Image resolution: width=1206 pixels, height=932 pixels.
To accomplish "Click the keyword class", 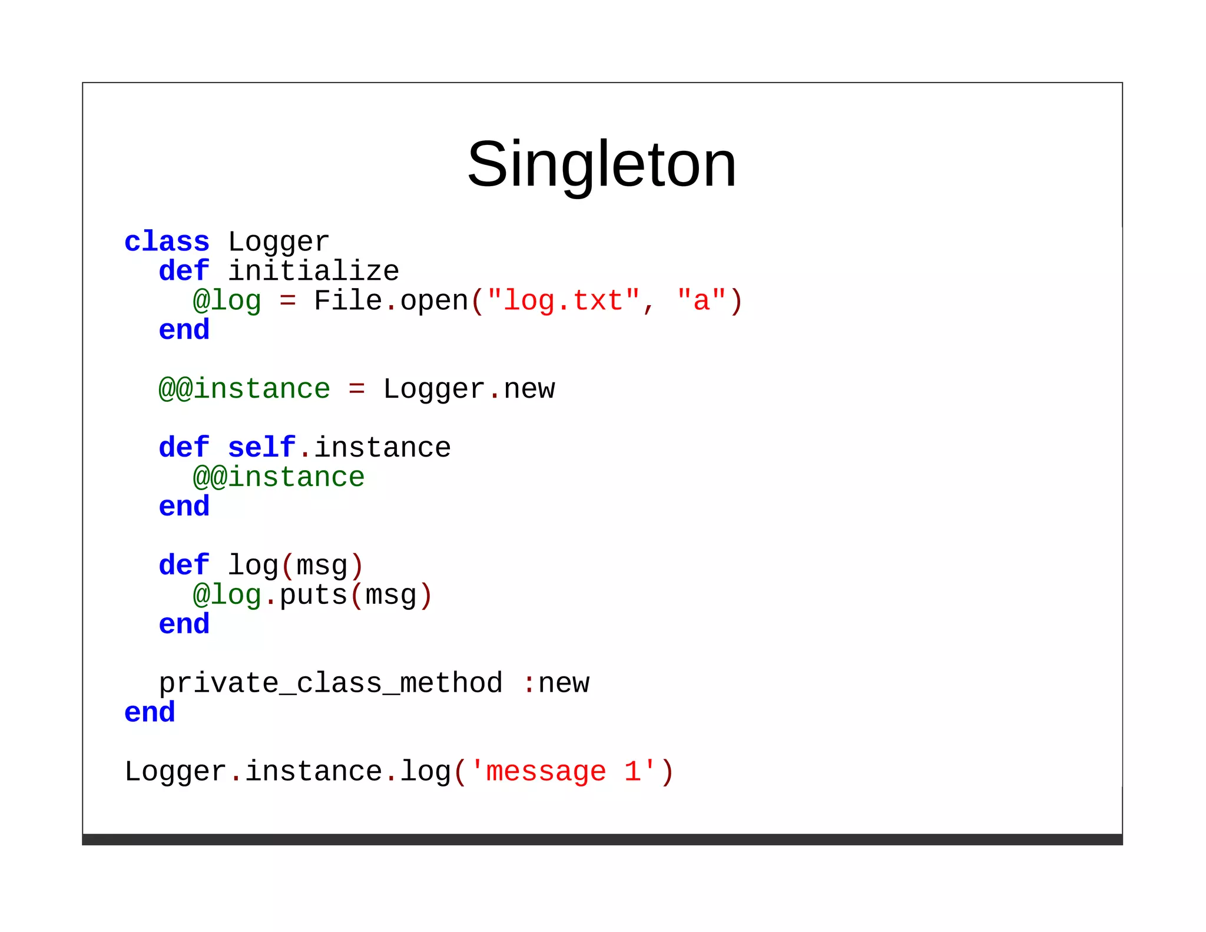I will coord(167,242).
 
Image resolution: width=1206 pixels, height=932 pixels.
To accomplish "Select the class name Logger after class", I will coord(279,242).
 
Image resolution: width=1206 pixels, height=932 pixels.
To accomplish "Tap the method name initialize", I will coord(313,272).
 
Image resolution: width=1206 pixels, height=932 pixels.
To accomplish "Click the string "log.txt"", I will coord(564,301).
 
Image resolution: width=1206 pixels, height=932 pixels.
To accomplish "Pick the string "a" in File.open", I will coord(701,301).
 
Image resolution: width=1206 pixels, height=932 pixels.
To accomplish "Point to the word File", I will coord(348,301).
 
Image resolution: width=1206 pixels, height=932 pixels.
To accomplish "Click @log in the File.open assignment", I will coord(227,301).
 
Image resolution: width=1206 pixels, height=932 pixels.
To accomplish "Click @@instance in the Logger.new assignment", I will coord(244,389).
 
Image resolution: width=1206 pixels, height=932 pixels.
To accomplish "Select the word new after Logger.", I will coord(529,389).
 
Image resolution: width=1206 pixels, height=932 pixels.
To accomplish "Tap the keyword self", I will coord(261,448).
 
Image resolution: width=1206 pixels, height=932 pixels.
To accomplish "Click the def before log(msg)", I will coord(184,566).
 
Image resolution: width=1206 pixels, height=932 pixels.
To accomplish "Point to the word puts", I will coord(313,595).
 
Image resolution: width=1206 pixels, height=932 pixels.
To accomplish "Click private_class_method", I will coord(331,683).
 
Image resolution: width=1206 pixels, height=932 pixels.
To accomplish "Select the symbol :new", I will coord(555,683).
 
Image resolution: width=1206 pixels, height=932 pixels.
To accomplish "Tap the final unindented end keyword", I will coord(150,713).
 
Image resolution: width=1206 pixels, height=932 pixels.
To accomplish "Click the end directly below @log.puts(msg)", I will coord(184,624).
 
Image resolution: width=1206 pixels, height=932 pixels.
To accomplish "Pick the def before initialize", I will coord(184,272).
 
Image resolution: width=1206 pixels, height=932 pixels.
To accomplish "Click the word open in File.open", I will coord(434,301).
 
